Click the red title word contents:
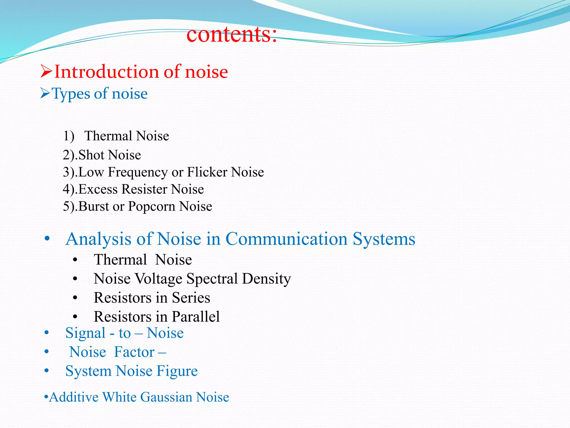point(232,34)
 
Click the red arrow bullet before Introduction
point(46,71)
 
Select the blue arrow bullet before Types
point(45,93)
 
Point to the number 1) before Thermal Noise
point(68,136)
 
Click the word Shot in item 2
point(91,155)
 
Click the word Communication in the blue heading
point(286,239)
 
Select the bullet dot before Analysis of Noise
point(47,239)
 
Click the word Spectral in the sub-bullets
point(212,279)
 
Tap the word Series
point(191,298)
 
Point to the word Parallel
point(196,317)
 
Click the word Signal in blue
point(85,333)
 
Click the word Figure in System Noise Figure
point(177,371)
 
